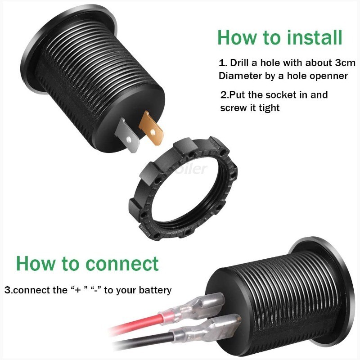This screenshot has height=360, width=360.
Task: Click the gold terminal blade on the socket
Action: click(151, 127)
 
